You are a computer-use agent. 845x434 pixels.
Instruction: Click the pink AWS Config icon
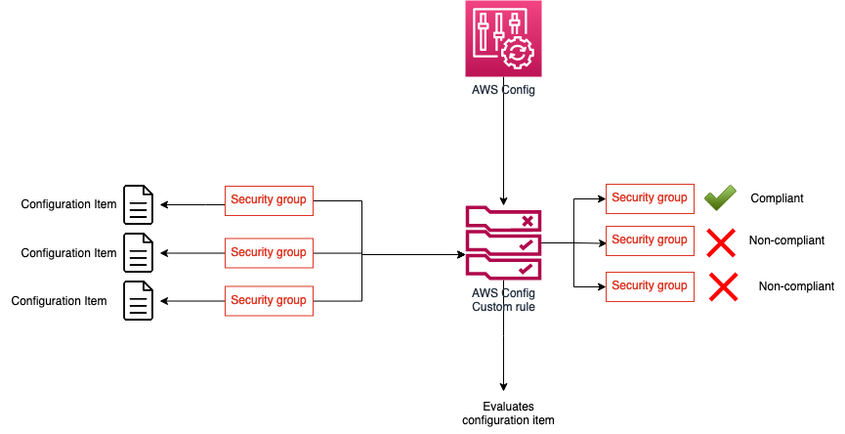(502, 39)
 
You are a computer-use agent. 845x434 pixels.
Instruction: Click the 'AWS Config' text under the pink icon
(502, 90)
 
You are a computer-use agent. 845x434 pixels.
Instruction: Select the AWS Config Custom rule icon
(503, 241)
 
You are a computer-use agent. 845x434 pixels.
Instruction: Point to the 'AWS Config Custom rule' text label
(503, 299)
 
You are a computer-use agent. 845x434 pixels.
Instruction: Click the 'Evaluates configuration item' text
(507, 413)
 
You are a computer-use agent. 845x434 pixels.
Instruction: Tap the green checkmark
(720, 198)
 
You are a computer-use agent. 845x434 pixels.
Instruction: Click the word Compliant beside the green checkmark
(777, 198)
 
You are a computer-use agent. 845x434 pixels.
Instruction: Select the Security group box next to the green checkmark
(650, 198)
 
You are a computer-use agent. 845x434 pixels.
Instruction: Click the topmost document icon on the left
(138, 204)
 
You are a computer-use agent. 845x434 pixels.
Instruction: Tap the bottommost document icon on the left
(138, 301)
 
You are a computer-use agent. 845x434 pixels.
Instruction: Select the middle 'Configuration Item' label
(68, 253)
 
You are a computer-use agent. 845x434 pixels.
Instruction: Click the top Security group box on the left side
(269, 200)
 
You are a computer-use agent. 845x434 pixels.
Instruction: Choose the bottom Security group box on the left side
(269, 300)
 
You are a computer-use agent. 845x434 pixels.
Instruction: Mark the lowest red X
(722, 286)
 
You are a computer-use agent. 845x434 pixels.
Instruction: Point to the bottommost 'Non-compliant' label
(796, 287)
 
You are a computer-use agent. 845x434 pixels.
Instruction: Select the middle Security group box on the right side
(650, 240)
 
